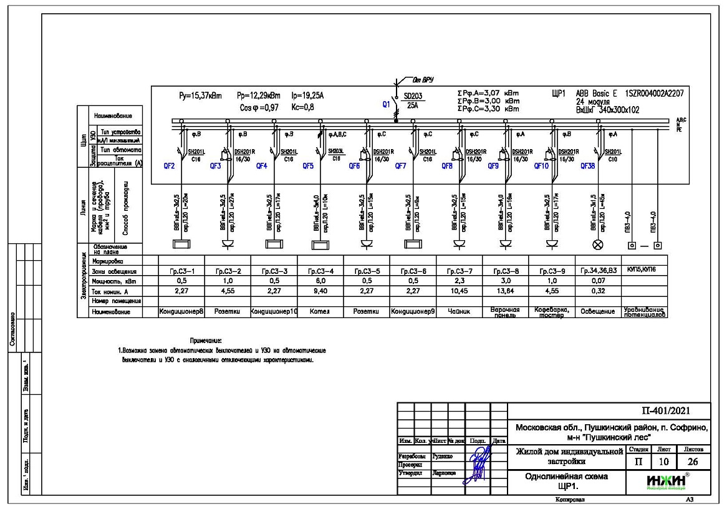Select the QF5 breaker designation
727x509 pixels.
click(309, 167)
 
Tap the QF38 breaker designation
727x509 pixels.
click(589, 167)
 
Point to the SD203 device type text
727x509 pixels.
click(413, 97)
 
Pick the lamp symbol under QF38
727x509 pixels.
click(597, 244)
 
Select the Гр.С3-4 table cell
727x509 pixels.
click(320, 271)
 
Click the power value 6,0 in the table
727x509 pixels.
click(320, 281)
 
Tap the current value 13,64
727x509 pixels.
click(506, 291)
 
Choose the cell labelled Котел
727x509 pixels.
click(320, 311)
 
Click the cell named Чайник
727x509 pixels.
click(460, 311)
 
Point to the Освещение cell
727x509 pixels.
click(597, 311)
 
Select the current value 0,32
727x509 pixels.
click(597, 291)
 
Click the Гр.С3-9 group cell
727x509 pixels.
click(552, 271)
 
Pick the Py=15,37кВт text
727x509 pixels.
click(200, 97)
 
